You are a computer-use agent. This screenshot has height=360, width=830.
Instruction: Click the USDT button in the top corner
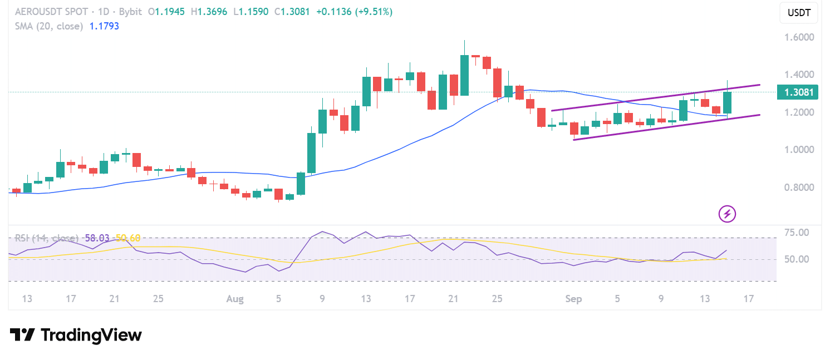click(799, 13)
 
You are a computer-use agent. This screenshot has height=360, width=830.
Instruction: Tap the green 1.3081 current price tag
click(797, 92)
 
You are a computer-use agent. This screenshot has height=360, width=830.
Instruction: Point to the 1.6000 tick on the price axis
click(799, 37)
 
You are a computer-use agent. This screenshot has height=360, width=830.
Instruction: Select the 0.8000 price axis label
click(799, 188)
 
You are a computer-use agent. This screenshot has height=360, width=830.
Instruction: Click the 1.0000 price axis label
click(799, 150)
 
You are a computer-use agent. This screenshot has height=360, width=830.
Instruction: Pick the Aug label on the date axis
click(235, 299)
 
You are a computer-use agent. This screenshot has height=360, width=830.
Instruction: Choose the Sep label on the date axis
click(573, 299)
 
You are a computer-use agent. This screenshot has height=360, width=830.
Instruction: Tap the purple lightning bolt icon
click(728, 214)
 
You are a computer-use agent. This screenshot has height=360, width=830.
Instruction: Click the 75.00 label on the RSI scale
click(797, 232)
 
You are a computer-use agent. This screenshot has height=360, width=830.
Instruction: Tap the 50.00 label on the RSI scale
click(797, 259)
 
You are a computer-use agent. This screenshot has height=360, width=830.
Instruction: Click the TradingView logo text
click(76, 335)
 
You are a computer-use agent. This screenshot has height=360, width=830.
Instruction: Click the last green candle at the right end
click(727, 102)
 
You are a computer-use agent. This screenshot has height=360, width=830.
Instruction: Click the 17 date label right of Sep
click(749, 299)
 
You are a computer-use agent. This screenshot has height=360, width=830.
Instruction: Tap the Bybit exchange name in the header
click(131, 12)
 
